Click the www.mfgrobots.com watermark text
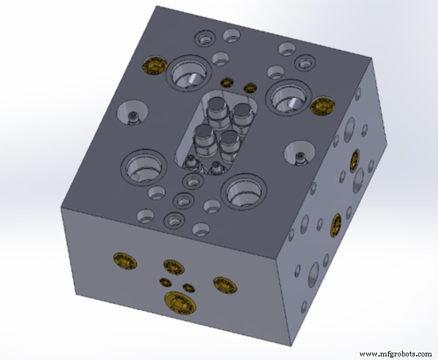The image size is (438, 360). click(395, 353)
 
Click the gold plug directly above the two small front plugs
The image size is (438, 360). click(174, 266)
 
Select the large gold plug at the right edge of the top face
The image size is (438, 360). click(321, 105)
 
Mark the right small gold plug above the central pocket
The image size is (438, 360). click(248, 88)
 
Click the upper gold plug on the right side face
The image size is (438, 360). click(354, 160)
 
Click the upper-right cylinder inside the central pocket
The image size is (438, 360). click(242, 113)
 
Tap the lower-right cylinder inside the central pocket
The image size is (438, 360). click(230, 141)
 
